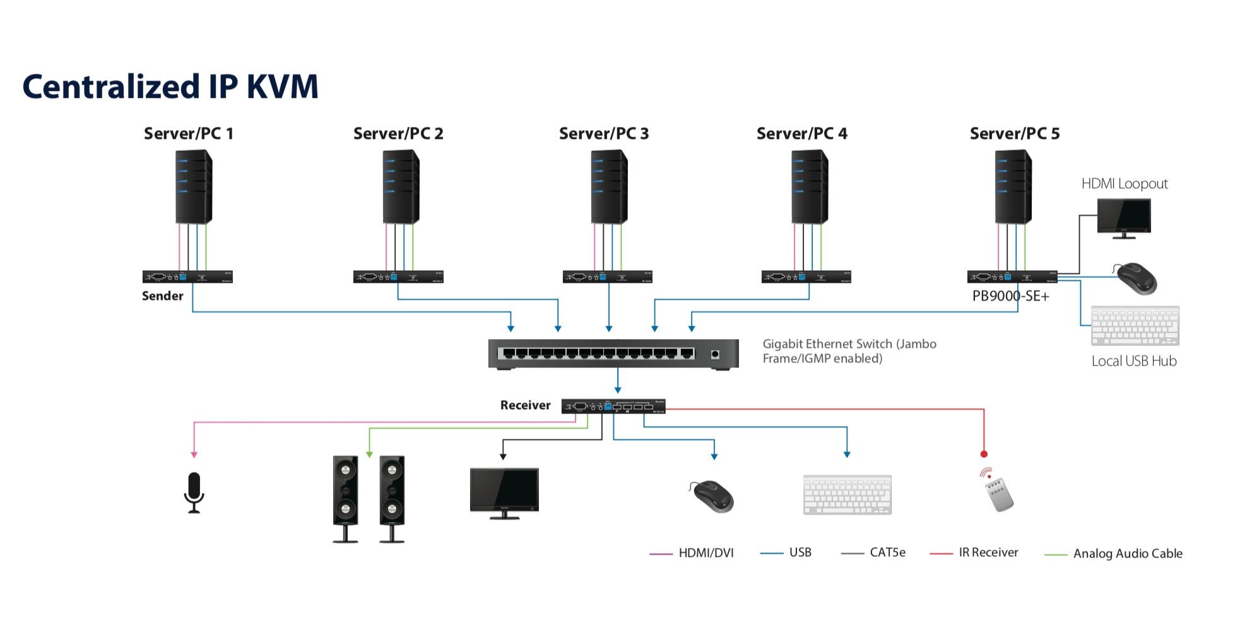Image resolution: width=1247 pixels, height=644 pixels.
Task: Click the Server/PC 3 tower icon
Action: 608,187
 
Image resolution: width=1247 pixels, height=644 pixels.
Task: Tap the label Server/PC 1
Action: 188,134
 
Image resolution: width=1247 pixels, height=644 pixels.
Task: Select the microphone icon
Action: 194,492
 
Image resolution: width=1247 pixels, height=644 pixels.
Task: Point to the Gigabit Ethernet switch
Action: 613,354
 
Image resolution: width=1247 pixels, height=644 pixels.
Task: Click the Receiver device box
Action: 613,407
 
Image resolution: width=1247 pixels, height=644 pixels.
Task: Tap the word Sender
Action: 162,296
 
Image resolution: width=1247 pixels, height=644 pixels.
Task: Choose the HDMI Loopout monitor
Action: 1123,217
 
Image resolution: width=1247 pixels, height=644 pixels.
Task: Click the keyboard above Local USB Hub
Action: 1135,326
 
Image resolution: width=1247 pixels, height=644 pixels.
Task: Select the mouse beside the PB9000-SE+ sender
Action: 1136,278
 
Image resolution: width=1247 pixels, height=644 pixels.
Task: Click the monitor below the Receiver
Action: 504,492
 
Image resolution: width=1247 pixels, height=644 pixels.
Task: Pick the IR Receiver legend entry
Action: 988,553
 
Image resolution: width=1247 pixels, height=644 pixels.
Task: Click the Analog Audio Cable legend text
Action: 1127,554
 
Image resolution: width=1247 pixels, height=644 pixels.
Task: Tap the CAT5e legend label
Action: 887,553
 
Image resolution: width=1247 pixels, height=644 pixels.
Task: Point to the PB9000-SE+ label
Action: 1010,296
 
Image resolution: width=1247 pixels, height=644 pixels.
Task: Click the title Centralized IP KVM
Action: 170,86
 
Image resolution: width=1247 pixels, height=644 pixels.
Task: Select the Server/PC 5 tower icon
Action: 1013,187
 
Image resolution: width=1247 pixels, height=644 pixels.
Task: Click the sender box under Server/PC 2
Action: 398,277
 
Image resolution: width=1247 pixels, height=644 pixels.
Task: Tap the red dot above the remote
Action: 983,454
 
